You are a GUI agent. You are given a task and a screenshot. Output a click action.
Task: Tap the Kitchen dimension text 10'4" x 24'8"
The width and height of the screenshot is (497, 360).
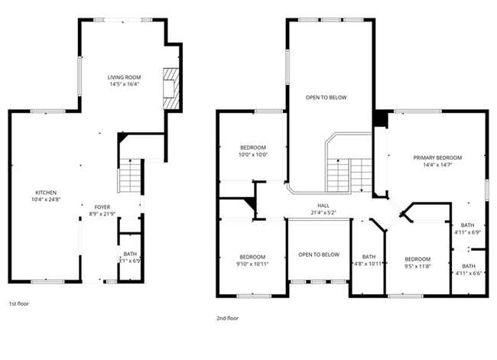point(46,199)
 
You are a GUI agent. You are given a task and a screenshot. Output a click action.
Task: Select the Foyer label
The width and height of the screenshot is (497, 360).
point(102,207)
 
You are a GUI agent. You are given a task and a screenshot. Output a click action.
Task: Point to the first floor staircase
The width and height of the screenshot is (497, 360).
point(130,178)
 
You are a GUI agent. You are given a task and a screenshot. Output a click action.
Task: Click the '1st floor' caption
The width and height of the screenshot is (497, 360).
point(19,303)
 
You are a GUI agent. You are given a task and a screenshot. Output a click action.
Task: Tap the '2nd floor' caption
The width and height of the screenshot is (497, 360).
point(227,317)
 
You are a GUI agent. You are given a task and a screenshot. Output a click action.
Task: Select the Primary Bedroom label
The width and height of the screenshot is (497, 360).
point(437,157)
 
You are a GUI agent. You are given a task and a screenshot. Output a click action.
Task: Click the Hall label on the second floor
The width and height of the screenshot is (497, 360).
point(323,206)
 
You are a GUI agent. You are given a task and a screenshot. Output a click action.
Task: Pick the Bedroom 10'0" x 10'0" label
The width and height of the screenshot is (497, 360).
point(253,148)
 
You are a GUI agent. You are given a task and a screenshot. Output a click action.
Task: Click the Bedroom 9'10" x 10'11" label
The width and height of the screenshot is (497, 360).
point(252,257)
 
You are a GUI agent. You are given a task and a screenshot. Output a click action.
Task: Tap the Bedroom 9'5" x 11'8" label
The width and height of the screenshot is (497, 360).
point(417,258)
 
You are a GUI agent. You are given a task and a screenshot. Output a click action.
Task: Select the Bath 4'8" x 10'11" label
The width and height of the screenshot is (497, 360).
point(369,257)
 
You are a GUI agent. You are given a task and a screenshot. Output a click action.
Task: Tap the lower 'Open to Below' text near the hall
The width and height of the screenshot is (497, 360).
point(319,255)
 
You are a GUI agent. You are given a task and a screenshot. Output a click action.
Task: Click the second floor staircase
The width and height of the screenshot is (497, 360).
point(350,174)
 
